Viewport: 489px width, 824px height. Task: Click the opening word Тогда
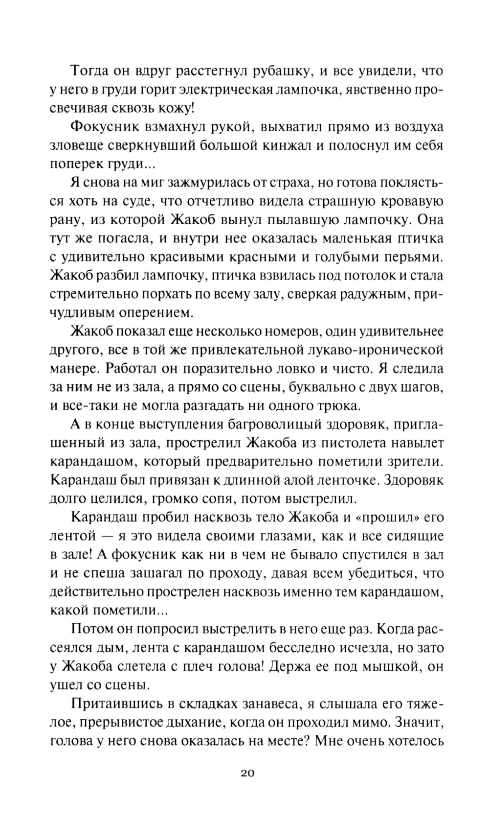click(x=91, y=71)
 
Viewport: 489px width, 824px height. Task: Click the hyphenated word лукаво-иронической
click(x=370, y=350)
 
